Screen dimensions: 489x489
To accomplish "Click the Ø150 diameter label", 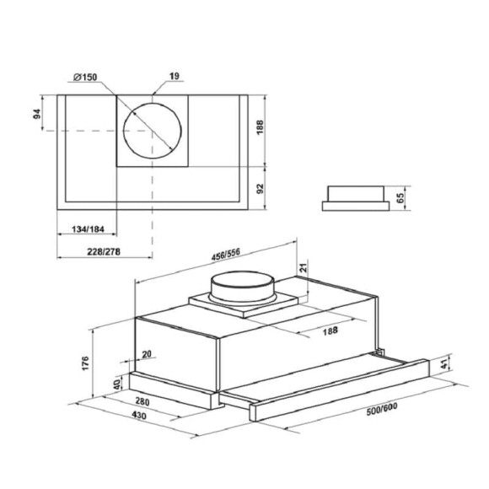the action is tap(85, 77).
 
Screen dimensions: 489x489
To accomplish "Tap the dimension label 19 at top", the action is tap(175, 76).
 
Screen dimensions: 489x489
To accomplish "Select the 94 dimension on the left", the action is tap(37, 114).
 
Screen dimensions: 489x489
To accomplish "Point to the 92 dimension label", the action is tap(260, 189).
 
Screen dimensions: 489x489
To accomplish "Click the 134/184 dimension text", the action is tap(88, 229).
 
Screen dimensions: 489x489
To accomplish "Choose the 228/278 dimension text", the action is tap(104, 251).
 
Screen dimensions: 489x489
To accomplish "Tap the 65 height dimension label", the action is tap(400, 198).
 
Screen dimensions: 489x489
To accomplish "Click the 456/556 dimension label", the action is tap(226, 254).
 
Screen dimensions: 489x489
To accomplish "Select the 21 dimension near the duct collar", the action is tap(304, 267).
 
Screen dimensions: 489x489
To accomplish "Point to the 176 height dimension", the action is tap(85, 363).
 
